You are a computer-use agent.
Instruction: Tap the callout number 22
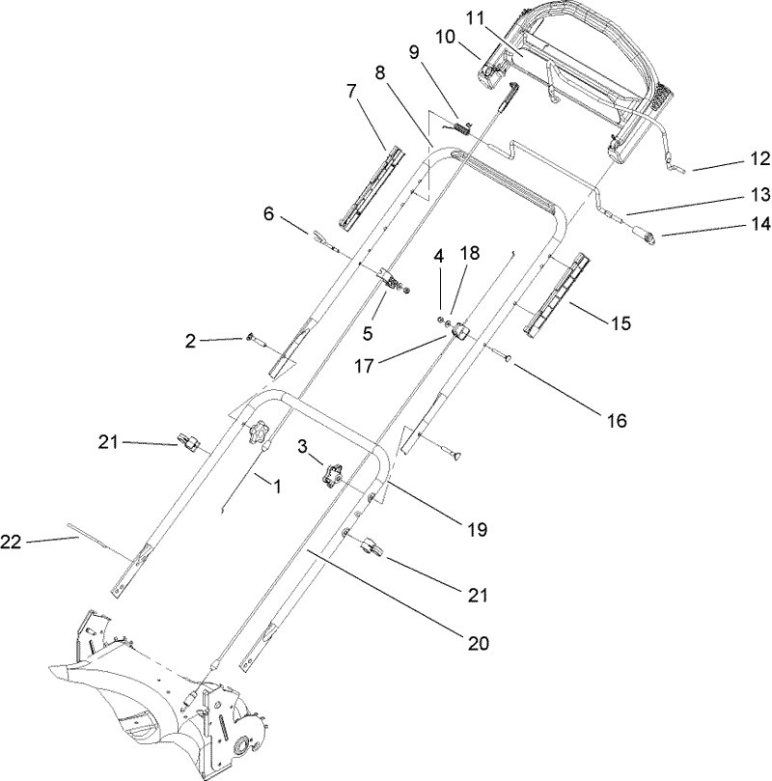click(x=11, y=544)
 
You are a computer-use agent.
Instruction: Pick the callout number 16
click(x=616, y=421)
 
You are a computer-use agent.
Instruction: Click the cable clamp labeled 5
click(x=394, y=280)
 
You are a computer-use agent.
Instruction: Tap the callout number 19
click(x=477, y=530)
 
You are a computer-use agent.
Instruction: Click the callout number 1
click(x=277, y=488)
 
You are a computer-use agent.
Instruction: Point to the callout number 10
click(x=446, y=37)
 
